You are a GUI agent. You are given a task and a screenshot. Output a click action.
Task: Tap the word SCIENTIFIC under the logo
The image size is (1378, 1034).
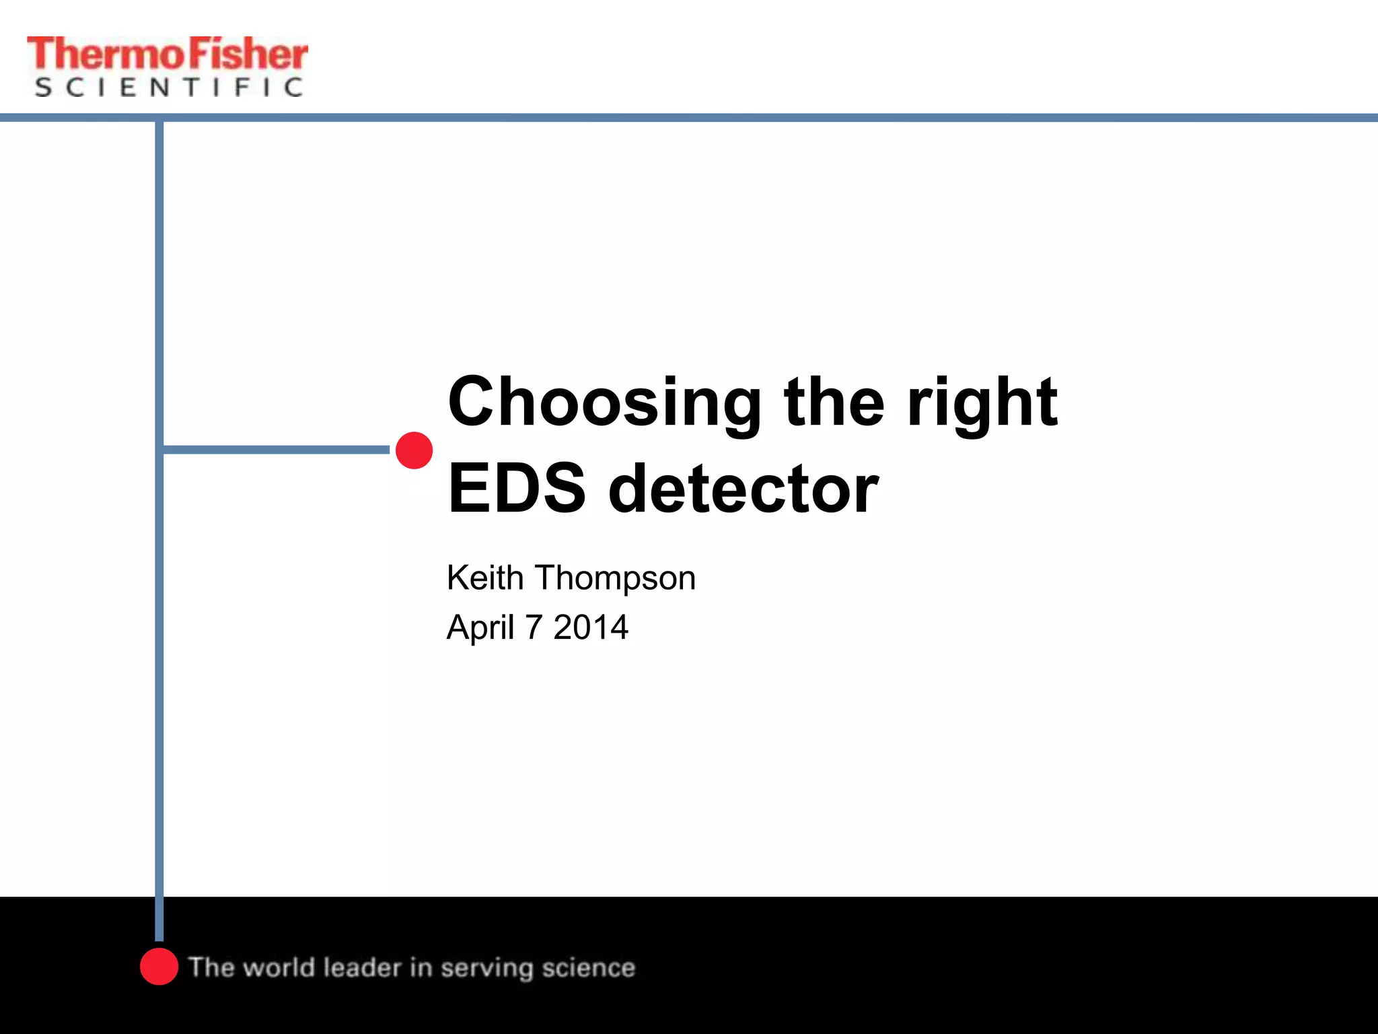click(x=168, y=88)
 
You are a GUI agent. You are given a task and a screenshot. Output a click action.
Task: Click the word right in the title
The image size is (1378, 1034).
click(x=982, y=403)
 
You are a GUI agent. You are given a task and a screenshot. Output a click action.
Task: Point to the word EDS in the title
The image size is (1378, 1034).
click(x=517, y=489)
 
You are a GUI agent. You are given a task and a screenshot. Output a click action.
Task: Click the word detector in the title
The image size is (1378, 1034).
click(x=743, y=489)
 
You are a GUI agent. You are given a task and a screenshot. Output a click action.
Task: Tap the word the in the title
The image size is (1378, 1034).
click(x=834, y=403)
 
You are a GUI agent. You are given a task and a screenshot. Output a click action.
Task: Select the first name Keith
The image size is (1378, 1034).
click(x=485, y=578)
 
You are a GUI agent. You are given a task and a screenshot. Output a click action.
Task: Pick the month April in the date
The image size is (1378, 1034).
click(x=480, y=628)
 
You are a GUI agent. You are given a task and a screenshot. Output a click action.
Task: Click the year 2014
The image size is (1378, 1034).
click(x=591, y=627)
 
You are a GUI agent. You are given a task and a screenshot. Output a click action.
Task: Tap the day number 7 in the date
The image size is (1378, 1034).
click(x=534, y=627)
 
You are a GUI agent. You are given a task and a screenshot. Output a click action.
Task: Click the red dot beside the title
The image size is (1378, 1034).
click(x=414, y=450)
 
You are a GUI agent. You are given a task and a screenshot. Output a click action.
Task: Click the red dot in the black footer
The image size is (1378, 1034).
click(x=159, y=966)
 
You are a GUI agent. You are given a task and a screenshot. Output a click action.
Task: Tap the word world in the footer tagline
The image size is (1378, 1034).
click(x=279, y=967)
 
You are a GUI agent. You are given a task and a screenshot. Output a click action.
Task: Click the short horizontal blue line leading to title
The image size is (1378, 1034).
click(x=276, y=449)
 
